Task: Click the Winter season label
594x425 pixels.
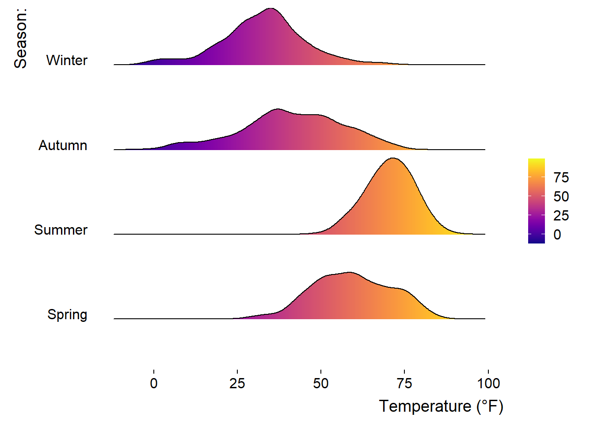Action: click(67, 60)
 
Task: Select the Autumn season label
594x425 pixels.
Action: click(63, 145)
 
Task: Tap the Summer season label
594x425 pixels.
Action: click(61, 230)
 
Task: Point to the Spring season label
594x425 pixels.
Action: click(67, 314)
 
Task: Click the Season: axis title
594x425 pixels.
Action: click(20, 39)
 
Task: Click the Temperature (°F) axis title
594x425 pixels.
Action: click(441, 406)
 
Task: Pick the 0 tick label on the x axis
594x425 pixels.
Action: click(154, 383)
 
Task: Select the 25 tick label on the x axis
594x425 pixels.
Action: click(237, 383)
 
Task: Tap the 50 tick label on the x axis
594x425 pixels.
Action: click(321, 383)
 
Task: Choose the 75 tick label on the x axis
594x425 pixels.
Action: click(404, 383)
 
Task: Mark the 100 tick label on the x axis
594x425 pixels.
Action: click(488, 383)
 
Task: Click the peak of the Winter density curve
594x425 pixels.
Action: click(271, 8)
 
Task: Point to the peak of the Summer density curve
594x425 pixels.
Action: click(392, 158)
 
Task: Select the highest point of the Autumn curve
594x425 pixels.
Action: click(278, 109)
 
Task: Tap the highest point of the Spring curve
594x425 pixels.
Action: click(350, 272)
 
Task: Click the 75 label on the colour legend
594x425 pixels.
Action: click(561, 178)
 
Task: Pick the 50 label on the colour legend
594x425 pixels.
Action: click(561, 197)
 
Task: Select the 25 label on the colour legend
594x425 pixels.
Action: click(561, 216)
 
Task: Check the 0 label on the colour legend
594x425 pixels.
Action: click(557, 235)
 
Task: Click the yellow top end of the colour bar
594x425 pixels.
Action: click(537, 161)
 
